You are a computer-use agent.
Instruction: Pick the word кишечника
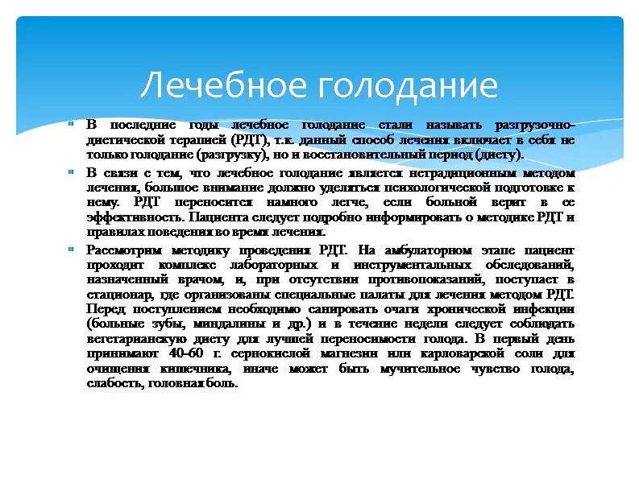[189, 369]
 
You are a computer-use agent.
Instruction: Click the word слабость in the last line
[112, 383]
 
